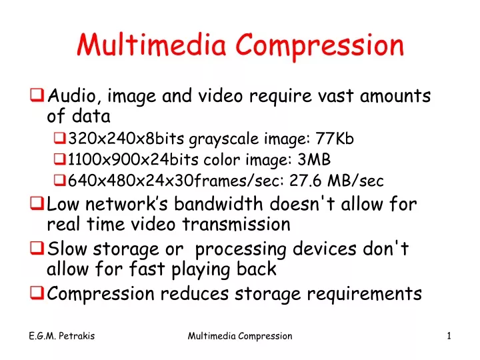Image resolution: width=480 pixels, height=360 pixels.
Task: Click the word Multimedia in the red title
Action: coord(151,45)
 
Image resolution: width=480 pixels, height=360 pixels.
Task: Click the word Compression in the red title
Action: coord(320,47)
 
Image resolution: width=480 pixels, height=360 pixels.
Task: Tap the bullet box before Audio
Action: coord(37,95)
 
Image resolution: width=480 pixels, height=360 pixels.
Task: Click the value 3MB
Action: coord(314,159)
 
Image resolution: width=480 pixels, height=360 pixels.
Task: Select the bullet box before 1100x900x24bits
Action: coord(60,159)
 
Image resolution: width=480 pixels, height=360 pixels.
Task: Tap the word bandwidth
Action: coord(218,203)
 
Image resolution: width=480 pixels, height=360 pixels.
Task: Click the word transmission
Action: coord(236,224)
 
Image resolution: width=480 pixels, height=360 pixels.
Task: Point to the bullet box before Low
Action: coord(37,203)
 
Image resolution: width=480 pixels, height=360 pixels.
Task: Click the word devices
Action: coord(325,248)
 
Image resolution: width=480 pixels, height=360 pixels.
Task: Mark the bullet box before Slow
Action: coord(37,248)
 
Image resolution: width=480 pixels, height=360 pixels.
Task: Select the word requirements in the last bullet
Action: coord(364,295)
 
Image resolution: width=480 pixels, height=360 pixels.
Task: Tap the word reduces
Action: coord(195,293)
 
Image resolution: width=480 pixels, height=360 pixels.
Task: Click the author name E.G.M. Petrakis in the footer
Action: coord(62,336)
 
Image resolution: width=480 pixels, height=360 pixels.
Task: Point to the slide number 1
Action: coord(449,336)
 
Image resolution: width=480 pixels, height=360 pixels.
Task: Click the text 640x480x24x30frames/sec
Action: coord(174,180)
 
